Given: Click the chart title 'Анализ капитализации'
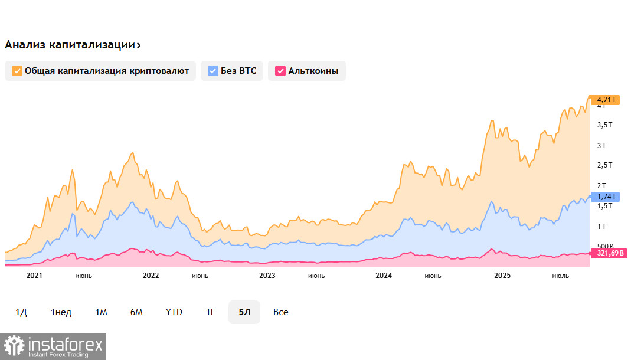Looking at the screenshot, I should (x=72, y=45).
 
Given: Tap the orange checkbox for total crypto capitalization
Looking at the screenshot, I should (x=17, y=71).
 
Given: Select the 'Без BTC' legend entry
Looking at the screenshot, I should (x=231, y=71).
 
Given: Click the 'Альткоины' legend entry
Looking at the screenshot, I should (x=306, y=71).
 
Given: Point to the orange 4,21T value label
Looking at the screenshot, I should (x=607, y=100).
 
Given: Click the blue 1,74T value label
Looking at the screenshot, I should (x=606, y=197).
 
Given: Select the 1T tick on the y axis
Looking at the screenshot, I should (x=602, y=227).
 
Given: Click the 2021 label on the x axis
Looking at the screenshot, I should (x=35, y=276).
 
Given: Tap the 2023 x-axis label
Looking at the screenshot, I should (x=267, y=276).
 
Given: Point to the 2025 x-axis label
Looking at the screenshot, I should (x=502, y=276).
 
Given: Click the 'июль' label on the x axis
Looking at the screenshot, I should (x=560, y=276).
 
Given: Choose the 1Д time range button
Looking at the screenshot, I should (x=21, y=312).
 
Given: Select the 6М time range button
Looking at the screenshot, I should (x=136, y=312).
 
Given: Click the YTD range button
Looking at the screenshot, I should (x=174, y=312).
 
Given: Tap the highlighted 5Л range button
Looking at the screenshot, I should (x=244, y=312).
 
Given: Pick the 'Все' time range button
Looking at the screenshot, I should (x=281, y=312).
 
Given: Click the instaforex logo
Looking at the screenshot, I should (x=54, y=346).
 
